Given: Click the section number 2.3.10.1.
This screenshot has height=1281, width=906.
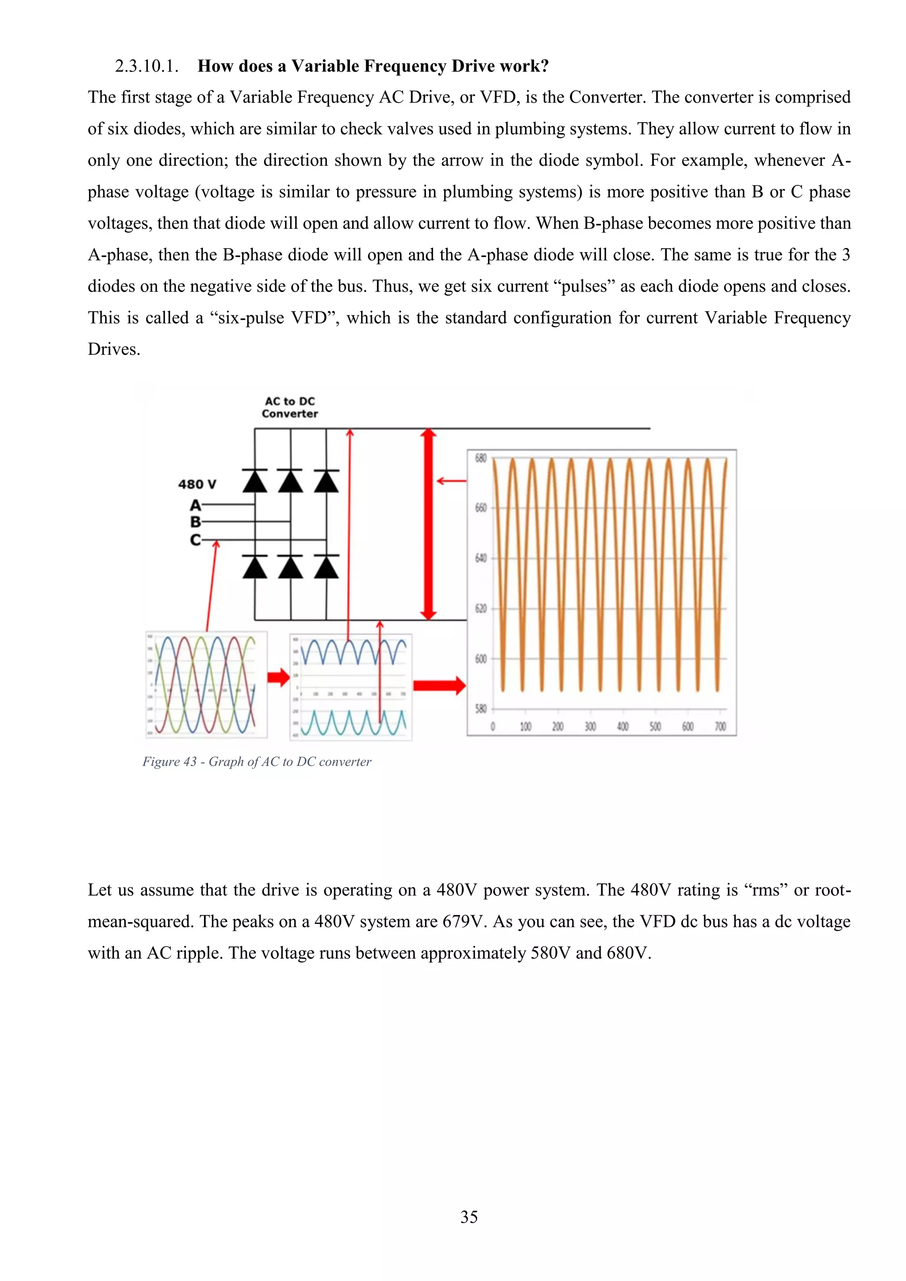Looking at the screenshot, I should pyautogui.click(x=146, y=66).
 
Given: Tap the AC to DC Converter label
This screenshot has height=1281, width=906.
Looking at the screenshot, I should pyautogui.click(x=290, y=408).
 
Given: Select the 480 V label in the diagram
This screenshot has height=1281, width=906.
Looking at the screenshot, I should pyautogui.click(x=197, y=484).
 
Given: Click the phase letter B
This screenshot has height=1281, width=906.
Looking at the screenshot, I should pyautogui.click(x=195, y=522).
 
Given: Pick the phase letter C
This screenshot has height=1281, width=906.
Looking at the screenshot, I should pyautogui.click(x=195, y=540).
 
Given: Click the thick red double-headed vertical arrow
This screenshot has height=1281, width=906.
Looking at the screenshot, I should pyautogui.click(x=428, y=525).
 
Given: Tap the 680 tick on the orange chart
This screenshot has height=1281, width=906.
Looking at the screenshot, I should pyautogui.click(x=480, y=459).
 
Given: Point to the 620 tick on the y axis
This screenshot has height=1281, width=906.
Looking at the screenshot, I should pyautogui.click(x=480, y=609).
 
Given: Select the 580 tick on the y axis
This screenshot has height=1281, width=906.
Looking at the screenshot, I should pyautogui.click(x=480, y=709).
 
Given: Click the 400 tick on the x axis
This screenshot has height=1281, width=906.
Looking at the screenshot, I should pyautogui.click(x=622, y=726).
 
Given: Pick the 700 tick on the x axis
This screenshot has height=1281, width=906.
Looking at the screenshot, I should pyautogui.click(x=720, y=726).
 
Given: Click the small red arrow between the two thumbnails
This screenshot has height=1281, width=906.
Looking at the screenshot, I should pyautogui.click(x=278, y=678).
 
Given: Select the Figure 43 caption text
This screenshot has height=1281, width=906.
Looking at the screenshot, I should pyautogui.click(x=257, y=762).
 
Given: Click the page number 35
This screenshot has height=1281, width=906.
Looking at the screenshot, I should pyautogui.click(x=468, y=1217).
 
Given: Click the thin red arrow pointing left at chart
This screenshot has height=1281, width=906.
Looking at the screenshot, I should pyautogui.click(x=451, y=481).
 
